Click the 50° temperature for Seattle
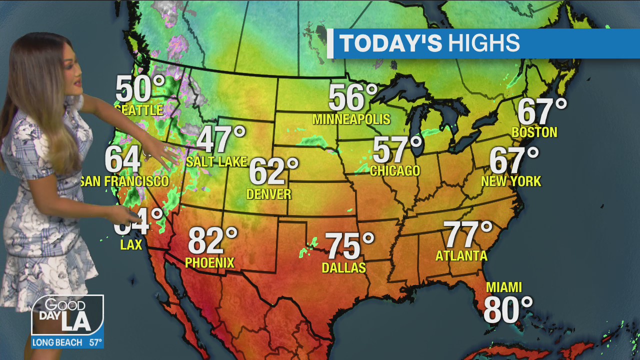tap(140, 89)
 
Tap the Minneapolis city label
tap(351, 119)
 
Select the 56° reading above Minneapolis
tap(352, 97)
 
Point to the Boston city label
tap(534, 132)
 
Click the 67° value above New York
tap(513, 160)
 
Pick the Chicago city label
tap(395, 171)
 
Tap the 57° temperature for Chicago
tap(397, 149)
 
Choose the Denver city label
tap(268, 194)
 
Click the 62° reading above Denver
tap(273, 171)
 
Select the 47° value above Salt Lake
tap(221, 139)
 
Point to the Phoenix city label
tap(209, 262)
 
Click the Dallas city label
tap(344, 268)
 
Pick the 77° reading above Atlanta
tap(468, 234)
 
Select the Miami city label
tap(504, 287)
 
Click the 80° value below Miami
tap(507, 309)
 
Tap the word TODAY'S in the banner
tap(391, 43)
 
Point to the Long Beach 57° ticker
tap(67, 342)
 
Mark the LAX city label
tap(131, 245)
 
